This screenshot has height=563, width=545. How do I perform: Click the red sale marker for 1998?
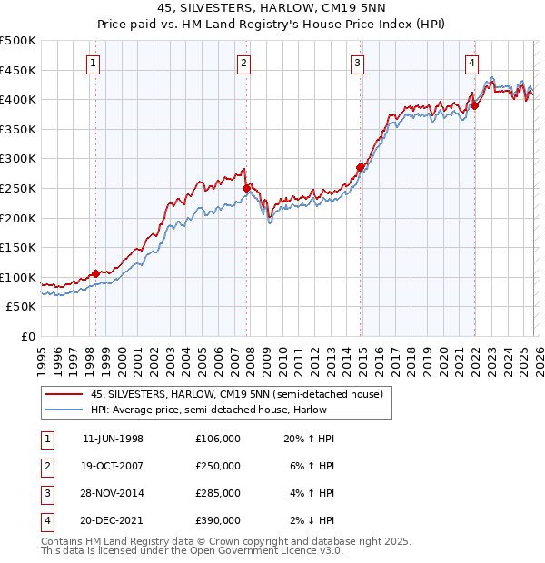pyautogui.click(x=95, y=272)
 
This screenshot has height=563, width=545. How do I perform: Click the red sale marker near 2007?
pyautogui.click(x=246, y=188)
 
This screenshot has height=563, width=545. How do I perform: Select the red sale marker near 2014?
pyautogui.click(x=361, y=167)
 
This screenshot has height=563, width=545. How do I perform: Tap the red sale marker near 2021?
pyautogui.click(x=474, y=105)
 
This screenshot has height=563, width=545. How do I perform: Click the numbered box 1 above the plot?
pyautogui.click(x=95, y=63)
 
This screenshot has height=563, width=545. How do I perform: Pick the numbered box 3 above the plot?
pyautogui.click(x=358, y=63)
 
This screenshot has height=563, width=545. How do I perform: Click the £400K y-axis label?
pyautogui.click(x=18, y=99)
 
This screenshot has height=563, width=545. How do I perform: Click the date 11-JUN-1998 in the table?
pyautogui.click(x=113, y=439)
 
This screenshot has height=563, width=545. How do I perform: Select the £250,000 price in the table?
pyautogui.click(x=218, y=466)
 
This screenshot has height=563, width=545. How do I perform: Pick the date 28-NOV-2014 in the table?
pyautogui.click(x=113, y=493)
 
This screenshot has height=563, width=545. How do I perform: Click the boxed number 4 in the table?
pyautogui.click(x=45, y=520)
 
